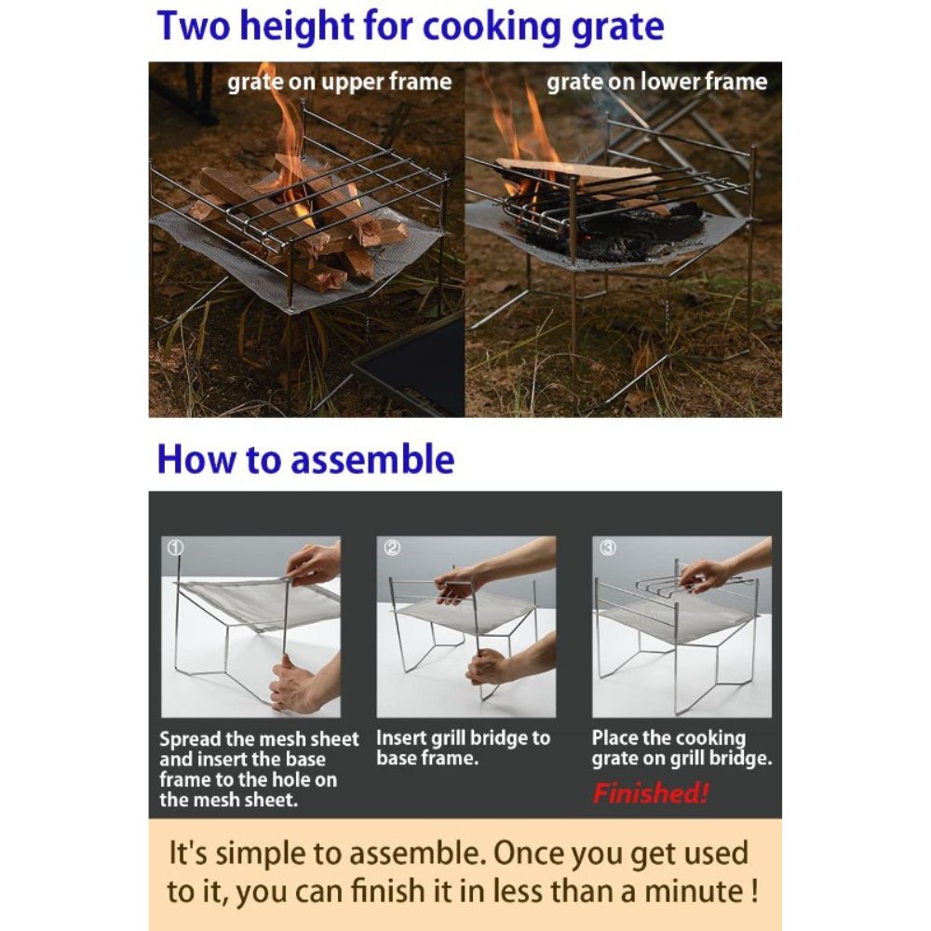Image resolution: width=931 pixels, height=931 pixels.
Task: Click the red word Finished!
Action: [x=650, y=792]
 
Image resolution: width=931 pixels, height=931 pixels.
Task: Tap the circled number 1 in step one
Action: [x=175, y=548]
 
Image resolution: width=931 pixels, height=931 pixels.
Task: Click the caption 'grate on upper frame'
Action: [x=339, y=82]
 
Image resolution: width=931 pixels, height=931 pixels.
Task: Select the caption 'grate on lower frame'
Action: [x=656, y=82]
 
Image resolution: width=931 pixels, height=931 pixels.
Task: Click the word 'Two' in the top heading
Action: [x=194, y=26]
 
